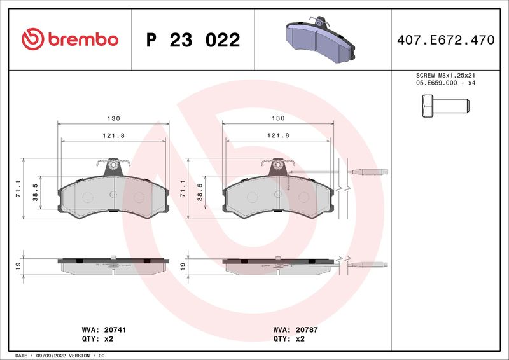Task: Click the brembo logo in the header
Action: coord(70,39)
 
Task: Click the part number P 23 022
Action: coord(193,40)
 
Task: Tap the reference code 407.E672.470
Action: coord(446,40)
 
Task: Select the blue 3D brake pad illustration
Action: coord(320,39)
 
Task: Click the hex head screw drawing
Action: coord(446,106)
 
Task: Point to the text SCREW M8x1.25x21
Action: coord(445,75)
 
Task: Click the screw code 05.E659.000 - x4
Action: coord(445,83)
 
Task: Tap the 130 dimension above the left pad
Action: coord(114,118)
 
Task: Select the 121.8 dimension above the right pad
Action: coord(278,135)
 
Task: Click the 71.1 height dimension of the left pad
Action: coord(18,189)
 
